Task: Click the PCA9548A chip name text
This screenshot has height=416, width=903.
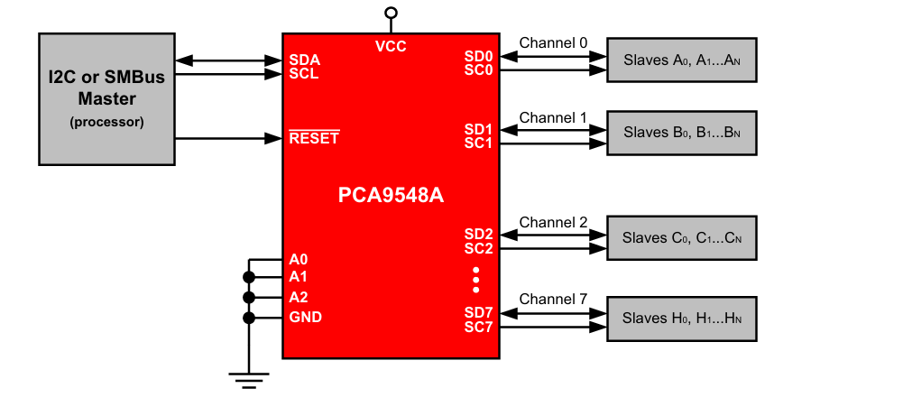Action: pyautogui.click(x=391, y=196)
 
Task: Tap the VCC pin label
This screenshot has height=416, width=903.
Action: pyautogui.click(x=391, y=47)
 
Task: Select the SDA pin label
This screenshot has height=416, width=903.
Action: pyautogui.click(x=305, y=60)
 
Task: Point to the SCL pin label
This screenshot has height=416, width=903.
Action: pyautogui.click(x=304, y=74)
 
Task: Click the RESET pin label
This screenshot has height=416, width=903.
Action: pyautogui.click(x=314, y=138)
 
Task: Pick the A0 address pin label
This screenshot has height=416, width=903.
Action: pyautogui.click(x=299, y=259)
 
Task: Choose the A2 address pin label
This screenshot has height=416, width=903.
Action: pyautogui.click(x=299, y=297)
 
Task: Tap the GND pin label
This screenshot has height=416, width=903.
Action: pyautogui.click(x=305, y=317)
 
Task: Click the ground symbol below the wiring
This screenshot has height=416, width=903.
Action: pyautogui.click(x=249, y=380)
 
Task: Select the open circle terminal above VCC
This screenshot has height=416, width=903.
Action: pyautogui.click(x=391, y=13)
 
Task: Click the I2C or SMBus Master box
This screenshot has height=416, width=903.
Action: pyautogui.click(x=106, y=99)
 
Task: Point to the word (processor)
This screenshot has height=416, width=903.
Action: pyautogui.click(x=106, y=122)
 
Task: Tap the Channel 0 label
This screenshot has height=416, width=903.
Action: pyautogui.click(x=553, y=42)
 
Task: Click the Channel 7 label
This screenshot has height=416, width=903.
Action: pyautogui.click(x=553, y=299)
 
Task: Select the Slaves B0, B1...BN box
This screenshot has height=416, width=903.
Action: pyautogui.click(x=682, y=133)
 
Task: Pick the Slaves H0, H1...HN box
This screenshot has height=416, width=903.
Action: pyautogui.click(x=682, y=319)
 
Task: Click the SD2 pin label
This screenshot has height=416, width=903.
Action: pyautogui.click(x=479, y=235)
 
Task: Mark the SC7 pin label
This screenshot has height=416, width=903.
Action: pyautogui.click(x=479, y=328)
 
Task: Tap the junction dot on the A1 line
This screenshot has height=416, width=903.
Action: pyautogui.click(x=249, y=278)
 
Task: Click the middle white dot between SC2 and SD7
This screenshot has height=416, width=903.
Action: pyautogui.click(x=475, y=280)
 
